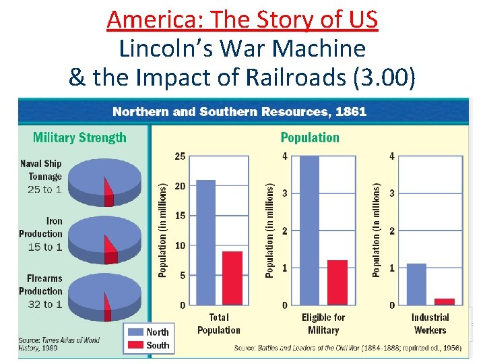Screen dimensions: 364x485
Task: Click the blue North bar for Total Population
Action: (205, 242)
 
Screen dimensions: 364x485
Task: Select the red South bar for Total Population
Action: (232, 278)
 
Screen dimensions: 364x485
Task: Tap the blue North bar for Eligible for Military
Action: (309, 230)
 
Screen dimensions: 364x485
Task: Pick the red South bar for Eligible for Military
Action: (337, 282)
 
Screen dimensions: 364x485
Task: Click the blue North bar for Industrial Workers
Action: (417, 284)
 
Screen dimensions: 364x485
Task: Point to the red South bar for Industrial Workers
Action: (444, 301)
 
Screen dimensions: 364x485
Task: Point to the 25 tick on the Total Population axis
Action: (180, 156)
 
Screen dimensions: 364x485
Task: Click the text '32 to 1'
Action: (44, 305)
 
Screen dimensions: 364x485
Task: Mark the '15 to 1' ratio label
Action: (44, 247)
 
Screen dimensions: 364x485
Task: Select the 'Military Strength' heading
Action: (79, 138)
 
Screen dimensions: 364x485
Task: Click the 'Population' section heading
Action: (310, 138)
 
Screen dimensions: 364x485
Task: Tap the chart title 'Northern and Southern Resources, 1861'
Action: (239, 112)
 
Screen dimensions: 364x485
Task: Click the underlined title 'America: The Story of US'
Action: (243, 20)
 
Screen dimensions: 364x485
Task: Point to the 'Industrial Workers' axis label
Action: (430, 324)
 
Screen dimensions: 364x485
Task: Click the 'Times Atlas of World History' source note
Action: (59, 344)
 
